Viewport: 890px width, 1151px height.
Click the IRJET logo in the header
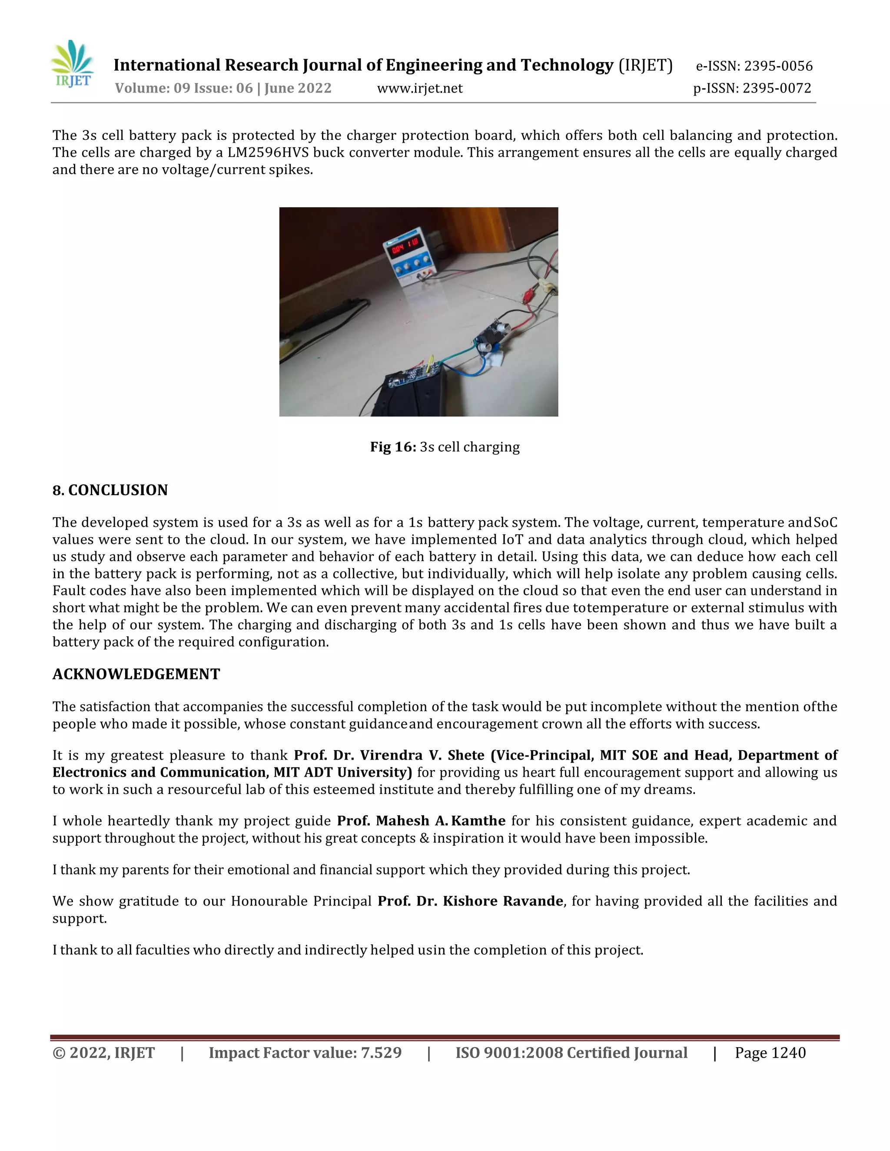point(73,64)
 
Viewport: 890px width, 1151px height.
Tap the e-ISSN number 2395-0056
point(778,66)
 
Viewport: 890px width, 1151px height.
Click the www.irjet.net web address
point(420,88)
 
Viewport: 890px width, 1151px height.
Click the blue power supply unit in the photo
point(407,258)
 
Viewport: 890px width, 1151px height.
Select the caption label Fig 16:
point(393,447)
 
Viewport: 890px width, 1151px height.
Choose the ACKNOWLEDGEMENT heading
point(136,674)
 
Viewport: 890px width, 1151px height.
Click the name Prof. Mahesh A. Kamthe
point(421,821)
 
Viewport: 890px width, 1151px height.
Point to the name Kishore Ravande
point(503,901)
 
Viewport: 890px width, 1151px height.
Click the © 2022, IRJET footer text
point(103,1053)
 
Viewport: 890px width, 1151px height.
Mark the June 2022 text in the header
point(298,88)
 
